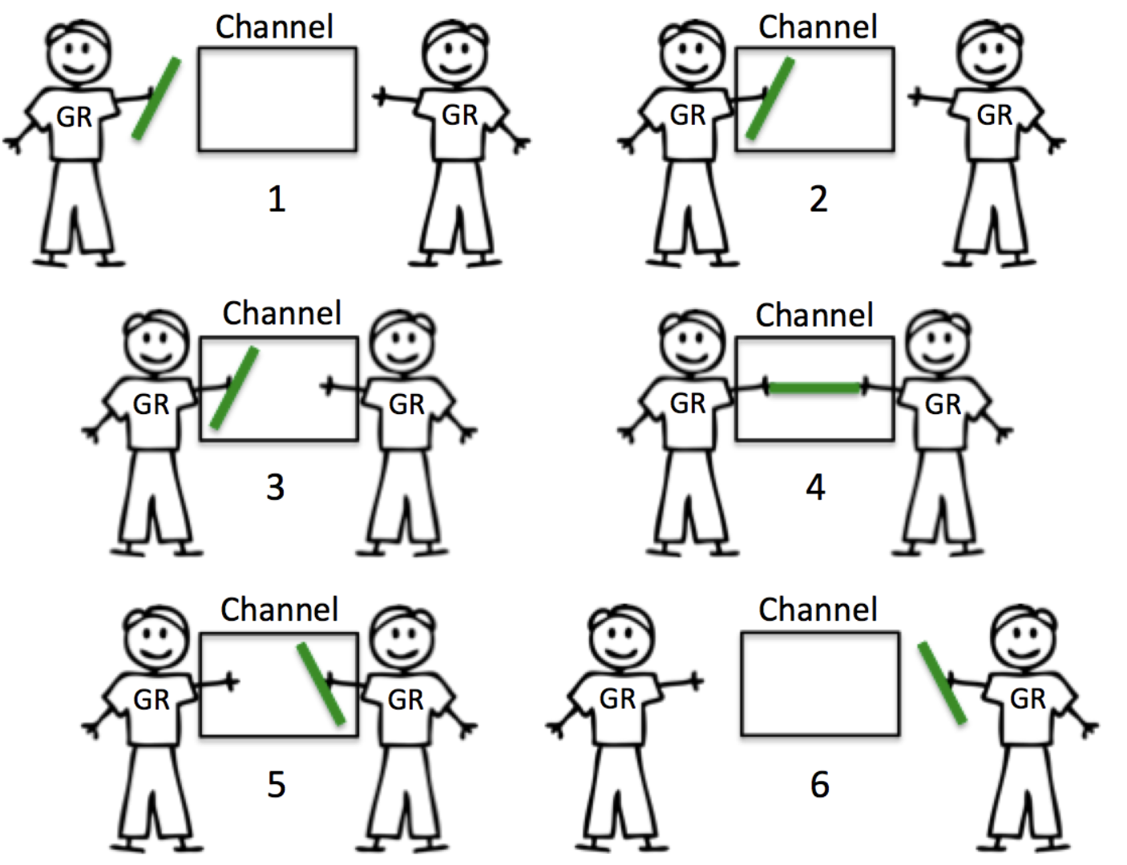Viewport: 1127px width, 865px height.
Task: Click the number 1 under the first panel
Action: (277, 199)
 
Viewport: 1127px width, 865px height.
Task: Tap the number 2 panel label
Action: (818, 199)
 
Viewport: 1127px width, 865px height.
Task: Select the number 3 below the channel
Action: (275, 487)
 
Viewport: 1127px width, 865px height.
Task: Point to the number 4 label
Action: (815, 487)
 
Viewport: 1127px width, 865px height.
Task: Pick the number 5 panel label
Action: (277, 784)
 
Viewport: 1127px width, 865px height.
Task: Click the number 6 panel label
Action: (819, 784)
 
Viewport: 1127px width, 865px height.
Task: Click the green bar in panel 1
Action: (156, 99)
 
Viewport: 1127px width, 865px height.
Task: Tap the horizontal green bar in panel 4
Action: (814, 388)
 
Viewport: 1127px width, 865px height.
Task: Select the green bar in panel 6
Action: (942, 683)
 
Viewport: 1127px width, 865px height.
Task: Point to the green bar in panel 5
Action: (321, 683)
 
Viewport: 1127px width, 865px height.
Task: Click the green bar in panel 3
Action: (234, 388)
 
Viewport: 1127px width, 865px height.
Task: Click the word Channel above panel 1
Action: (274, 27)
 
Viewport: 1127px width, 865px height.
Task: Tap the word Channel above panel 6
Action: (818, 610)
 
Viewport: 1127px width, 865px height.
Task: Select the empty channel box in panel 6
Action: (820, 683)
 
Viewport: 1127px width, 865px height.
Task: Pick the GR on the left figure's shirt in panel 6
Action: (617, 699)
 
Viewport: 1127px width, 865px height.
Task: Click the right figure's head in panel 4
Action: (938, 340)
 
